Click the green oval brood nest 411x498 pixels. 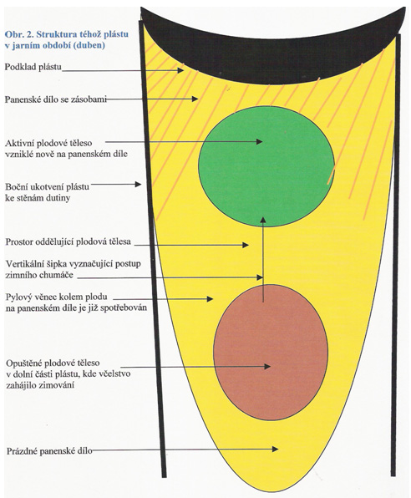point(266,166)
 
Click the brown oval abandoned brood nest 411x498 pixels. point(271,353)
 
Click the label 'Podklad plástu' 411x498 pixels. point(33,68)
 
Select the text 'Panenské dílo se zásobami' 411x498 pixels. point(56,99)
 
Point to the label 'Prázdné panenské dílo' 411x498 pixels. point(49,450)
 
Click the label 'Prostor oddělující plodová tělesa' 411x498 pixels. point(68,241)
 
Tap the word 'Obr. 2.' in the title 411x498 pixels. point(18,34)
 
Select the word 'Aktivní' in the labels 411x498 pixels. point(19,143)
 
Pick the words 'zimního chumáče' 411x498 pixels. point(39,275)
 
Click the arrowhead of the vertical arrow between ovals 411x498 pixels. point(262,220)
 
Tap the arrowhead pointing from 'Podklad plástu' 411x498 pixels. point(180,70)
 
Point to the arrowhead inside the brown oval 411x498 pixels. point(267,366)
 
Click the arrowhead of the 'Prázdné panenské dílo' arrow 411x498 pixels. point(275,449)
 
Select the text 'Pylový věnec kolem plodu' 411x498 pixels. point(57,297)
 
